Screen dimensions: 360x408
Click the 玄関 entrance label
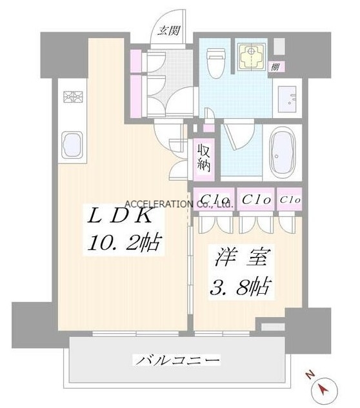[168, 31]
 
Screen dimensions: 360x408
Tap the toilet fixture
[217, 63]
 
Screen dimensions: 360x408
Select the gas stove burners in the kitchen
[73, 97]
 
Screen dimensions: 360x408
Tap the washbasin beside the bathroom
[288, 99]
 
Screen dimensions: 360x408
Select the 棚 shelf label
[275, 67]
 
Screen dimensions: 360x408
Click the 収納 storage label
[203, 158]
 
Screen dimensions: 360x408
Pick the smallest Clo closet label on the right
[290, 200]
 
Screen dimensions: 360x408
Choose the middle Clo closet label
[256, 199]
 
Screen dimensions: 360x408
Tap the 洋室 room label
[241, 258]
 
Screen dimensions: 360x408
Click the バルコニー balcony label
[177, 360]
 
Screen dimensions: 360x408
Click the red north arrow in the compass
[324, 389]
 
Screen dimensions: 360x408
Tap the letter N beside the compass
[310, 375]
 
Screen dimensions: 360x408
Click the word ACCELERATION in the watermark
[159, 204]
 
